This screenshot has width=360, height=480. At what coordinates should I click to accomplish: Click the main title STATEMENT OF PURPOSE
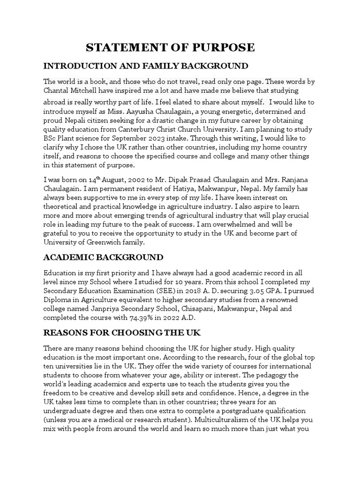[x=170, y=47]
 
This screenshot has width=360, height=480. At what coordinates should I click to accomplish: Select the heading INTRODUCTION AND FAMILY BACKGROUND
[x=146, y=65]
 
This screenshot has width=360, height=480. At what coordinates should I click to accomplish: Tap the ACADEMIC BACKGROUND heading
[x=103, y=257]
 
